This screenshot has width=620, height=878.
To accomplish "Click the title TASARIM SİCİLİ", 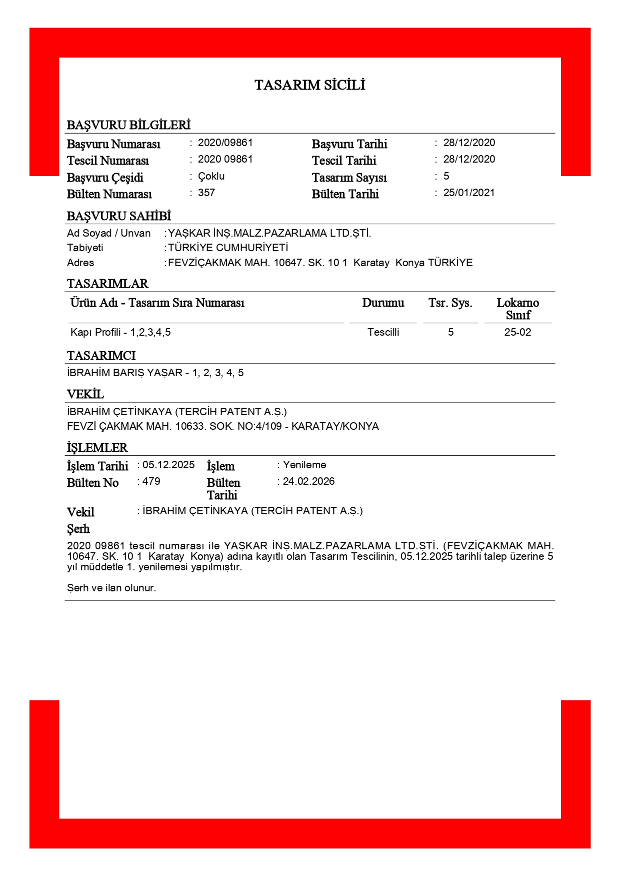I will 309,85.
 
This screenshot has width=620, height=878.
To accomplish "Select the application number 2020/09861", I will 225,143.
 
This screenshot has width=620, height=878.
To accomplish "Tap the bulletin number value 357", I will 206,193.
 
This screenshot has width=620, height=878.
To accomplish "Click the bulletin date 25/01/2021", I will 468,193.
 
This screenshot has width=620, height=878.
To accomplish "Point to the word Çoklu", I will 211,176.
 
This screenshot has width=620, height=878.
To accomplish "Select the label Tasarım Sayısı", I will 349,178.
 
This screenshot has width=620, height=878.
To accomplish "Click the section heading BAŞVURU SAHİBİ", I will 119,216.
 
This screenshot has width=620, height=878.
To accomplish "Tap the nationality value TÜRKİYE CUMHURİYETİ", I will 228,248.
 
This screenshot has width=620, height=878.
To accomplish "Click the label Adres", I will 80,263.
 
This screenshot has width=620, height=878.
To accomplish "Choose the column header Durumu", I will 383,303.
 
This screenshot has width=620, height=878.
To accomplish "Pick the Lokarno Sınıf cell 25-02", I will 517,332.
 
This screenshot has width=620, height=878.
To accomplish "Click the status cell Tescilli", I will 383,332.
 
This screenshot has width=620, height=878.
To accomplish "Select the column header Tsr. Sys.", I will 450,303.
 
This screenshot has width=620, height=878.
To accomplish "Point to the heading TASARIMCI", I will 101,356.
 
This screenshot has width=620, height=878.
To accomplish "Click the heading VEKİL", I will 85,394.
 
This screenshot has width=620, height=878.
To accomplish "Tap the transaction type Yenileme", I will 304,465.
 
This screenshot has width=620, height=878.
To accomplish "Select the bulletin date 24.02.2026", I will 308,481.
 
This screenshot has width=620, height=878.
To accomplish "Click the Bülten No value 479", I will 151,481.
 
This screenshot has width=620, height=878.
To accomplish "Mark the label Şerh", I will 78,529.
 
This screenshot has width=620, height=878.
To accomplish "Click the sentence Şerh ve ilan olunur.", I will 111,588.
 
